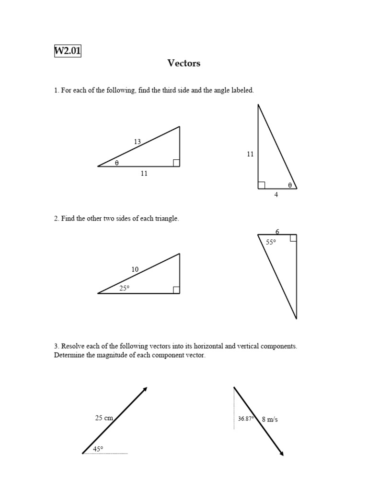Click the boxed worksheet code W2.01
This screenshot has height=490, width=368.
[68, 51]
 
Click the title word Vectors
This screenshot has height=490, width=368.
[184, 63]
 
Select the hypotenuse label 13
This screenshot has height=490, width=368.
[138, 141]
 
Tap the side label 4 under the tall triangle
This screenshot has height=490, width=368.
[276, 195]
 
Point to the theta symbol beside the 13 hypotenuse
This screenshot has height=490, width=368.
[116, 163]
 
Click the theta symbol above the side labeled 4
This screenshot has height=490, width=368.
[289, 184]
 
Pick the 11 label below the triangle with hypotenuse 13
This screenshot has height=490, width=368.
[144, 174]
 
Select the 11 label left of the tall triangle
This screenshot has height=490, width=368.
[250, 154]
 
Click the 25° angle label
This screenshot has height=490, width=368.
[125, 288]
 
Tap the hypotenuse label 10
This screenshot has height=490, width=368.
[135, 269]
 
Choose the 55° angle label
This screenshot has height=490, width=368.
[271, 243]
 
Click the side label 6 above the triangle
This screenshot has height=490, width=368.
[277, 232]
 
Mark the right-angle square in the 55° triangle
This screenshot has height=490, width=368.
[293, 238]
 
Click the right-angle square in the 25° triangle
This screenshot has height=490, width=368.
[176, 290]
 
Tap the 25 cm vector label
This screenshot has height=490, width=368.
[104, 418]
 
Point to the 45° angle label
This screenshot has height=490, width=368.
[98, 449]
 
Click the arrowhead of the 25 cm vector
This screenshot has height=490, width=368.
[144, 389]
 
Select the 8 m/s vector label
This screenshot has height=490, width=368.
[270, 419]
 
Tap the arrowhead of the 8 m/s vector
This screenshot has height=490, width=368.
[281, 453]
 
